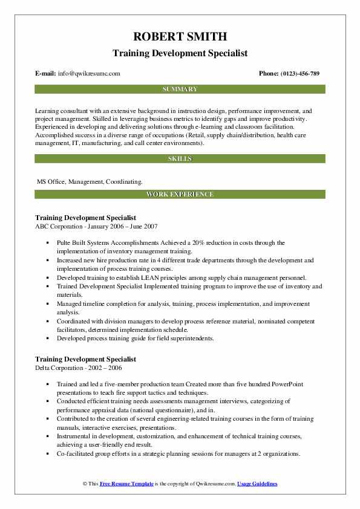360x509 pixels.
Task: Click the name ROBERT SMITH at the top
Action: pyautogui.click(x=180, y=36)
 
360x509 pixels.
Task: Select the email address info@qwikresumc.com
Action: pyautogui.click(x=89, y=73)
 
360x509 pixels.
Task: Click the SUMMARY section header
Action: pyautogui.click(x=180, y=89)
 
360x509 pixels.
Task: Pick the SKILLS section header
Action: pyautogui.click(x=180, y=158)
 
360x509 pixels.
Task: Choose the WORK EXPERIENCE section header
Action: pyautogui.click(x=180, y=194)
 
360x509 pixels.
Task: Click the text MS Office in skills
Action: pyautogui.click(x=51, y=181)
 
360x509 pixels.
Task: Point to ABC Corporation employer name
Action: pyautogui.click(x=59, y=225)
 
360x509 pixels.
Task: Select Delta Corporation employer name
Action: pyautogui.click(x=61, y=367)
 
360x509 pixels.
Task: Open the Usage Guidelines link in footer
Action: pyautogui.click(x=257, y=484)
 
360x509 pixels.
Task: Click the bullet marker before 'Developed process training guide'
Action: pyautogui.click(x=48, y=339)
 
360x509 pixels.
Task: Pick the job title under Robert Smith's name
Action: pyautogui.click(x=180, y=53)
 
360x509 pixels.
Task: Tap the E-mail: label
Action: pyautogui.click(x=46, y=73)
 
